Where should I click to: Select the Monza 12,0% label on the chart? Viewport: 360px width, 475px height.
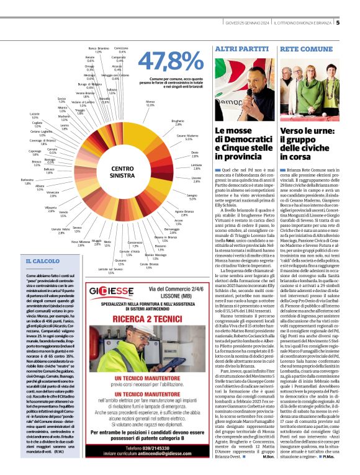click(x=150, y=103)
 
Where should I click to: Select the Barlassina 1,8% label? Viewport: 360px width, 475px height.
click(x=27, y=182)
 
